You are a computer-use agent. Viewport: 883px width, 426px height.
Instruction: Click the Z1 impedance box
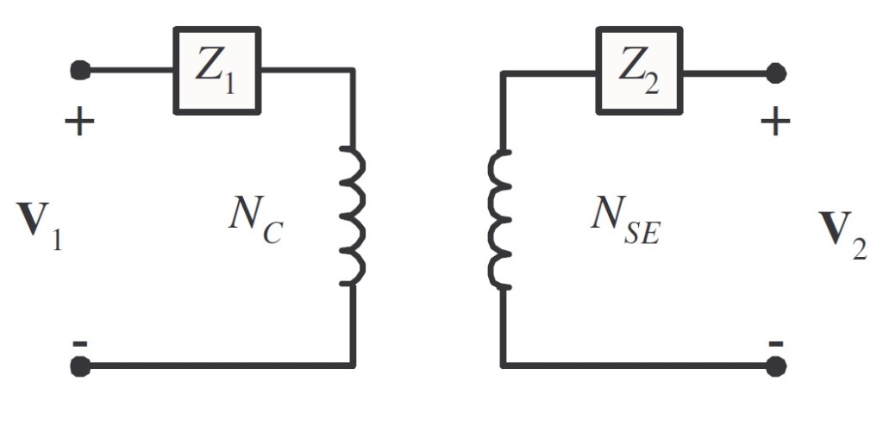pos(216,71)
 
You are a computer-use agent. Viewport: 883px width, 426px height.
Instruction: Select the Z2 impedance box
pos(639,71)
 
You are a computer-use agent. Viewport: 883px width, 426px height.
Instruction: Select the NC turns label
pos(254,217)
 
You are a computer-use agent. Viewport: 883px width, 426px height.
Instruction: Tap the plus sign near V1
pos(79,122)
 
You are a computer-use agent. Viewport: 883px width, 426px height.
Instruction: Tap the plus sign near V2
pos(775,122)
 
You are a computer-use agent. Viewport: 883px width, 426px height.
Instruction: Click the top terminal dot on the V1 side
pos(80,70)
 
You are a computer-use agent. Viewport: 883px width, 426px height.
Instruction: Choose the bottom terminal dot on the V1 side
pos(80,366)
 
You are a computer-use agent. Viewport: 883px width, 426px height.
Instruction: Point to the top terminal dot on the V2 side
pos(776,72)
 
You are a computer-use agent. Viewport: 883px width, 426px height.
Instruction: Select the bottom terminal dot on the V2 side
pos(776,366)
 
